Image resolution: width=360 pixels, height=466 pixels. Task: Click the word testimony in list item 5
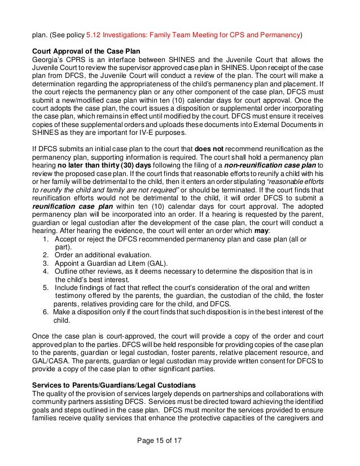(72, 296)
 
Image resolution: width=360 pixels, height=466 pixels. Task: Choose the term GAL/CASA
(49, 361)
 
